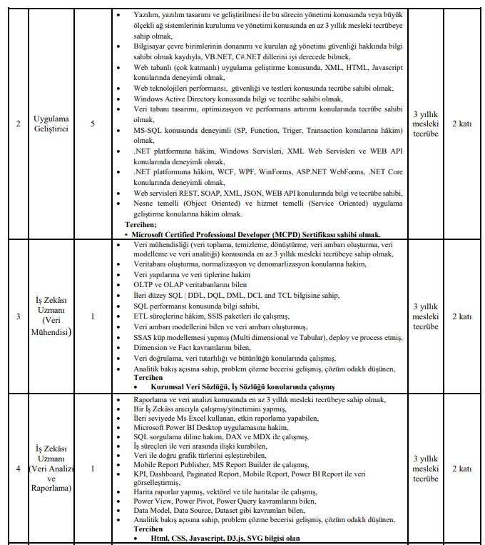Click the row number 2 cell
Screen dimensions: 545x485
coord(18,124)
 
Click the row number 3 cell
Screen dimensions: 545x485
coord(18,316)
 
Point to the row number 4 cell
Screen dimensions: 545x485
coord(18,469)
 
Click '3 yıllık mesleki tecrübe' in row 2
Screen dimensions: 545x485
coord(426,124)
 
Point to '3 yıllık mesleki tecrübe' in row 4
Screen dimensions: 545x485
coord(426,469)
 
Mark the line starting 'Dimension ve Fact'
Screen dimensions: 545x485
coord(208,348)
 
